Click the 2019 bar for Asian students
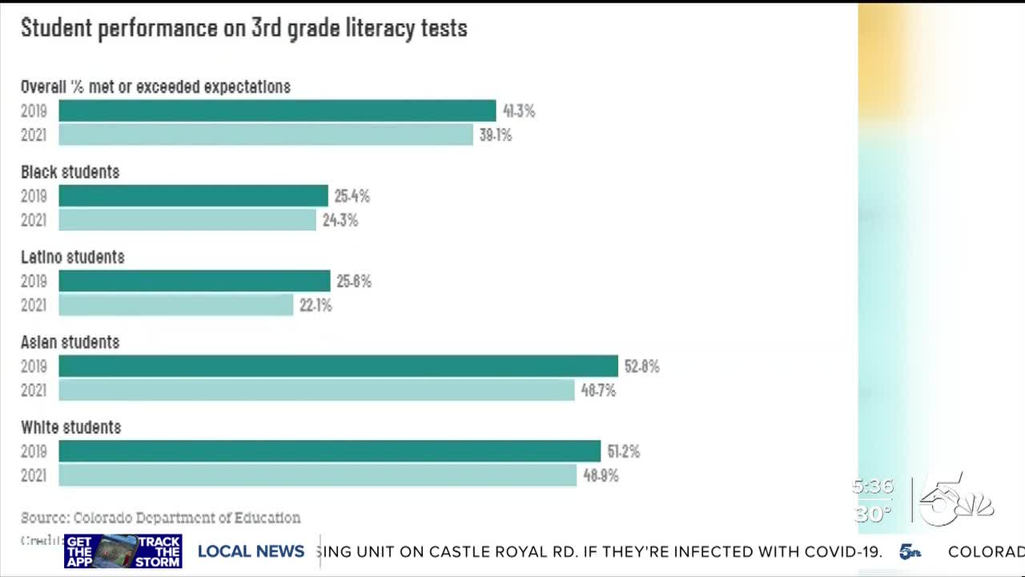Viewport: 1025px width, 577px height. point(338,366)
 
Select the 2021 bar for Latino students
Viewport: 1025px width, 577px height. point(176,305)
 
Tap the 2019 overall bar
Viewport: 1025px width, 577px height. point(277,111)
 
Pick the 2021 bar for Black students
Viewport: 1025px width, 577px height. point(187,220)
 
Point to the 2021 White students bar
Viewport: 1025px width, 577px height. point(318,475)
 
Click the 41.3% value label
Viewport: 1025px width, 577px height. point(519,111)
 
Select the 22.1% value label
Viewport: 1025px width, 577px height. point(316,305)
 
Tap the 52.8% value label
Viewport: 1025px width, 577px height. point(642,366)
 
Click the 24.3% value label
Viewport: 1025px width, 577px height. point(340,220)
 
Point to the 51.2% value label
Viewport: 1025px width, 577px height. point(624,452)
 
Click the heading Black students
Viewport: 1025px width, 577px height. point(70,172)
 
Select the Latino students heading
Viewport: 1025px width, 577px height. point(73,257)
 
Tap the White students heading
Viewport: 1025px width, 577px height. point(71,427)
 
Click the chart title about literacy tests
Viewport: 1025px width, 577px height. point(244,28)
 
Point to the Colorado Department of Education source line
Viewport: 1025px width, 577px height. point(161,518)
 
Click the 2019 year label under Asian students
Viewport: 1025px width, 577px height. point(34,366)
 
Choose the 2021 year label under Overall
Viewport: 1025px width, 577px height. point(34,135)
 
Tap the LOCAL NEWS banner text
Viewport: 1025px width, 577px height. point(251,551)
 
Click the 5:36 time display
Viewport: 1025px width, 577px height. point(872,486)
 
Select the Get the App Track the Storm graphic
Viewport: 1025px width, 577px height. point(123,551)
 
